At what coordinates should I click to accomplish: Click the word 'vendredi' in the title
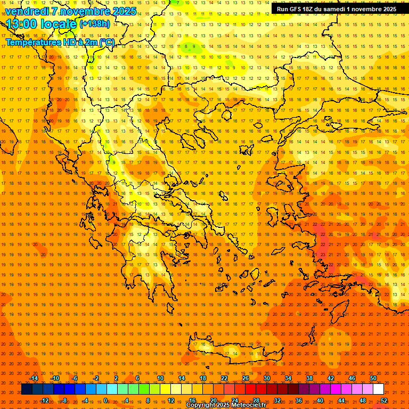click(27, 11)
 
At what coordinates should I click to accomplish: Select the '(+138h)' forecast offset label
click(95, 24)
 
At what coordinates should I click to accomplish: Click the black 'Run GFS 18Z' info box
click(336, 9)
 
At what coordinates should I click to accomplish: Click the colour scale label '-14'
click(34, 378)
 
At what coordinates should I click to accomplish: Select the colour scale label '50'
click(373, 378)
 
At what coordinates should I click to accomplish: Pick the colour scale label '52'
click(384, 400)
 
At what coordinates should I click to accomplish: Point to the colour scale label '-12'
click(44, 400)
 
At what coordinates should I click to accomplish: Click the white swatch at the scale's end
click(379, 389)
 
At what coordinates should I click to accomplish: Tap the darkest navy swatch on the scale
click(27, 389)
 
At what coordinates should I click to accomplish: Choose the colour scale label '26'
click(246, 378)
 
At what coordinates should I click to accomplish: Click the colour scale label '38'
click(309, 378)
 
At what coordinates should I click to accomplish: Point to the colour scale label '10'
click(160, 378)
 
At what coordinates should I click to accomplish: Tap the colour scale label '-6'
click(75, 378)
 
